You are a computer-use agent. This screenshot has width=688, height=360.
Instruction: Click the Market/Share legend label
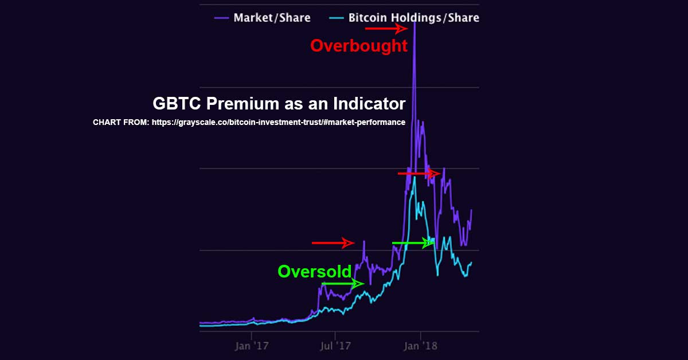pos(272,18)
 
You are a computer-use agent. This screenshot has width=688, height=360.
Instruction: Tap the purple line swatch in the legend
pos(222,18)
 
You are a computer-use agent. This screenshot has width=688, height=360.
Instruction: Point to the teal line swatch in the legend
pos(336,18)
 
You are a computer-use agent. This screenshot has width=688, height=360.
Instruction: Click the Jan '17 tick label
pos(252,346)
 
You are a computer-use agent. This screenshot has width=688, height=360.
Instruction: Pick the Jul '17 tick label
pos(335,346)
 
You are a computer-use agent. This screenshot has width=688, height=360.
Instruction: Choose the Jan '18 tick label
pos(420,346)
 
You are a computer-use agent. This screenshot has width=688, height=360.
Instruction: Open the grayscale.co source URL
pos(278,122)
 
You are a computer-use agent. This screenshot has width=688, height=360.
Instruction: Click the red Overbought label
pos(359,46)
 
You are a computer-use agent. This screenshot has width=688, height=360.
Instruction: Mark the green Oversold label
pos(314,271)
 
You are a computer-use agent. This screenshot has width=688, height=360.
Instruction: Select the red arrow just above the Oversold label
pos(333,243)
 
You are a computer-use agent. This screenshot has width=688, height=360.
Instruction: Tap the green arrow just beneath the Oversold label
pos(342,283)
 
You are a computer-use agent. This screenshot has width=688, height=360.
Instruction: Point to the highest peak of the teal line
pos(414,170)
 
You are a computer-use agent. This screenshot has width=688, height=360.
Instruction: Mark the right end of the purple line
pos(472,210)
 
